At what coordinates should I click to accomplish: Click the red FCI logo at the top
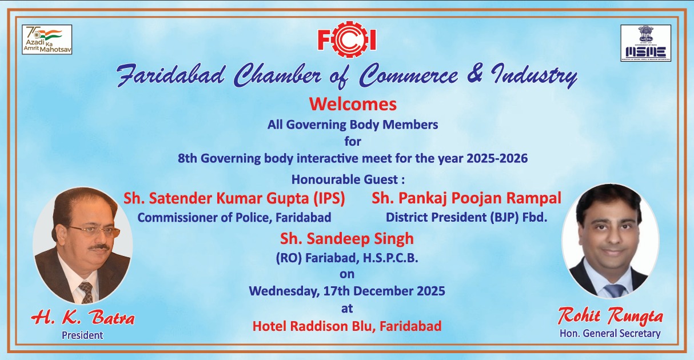tap(347, 39)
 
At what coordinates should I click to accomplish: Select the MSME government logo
tap(645, 43)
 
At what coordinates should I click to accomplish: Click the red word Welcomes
tap(353, 105)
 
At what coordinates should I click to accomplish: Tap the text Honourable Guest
tap(348, 179)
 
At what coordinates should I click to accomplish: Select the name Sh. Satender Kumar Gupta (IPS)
tap(234, 198)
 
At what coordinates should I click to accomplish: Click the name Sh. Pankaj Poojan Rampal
tap(466, 198)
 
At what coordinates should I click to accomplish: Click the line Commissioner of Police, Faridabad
tap(234, 217)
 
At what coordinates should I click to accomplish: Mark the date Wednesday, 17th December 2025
tap(346, 290)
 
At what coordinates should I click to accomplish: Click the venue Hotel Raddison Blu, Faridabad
tap(346, 326)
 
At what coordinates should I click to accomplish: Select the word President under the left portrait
tap(82, 335)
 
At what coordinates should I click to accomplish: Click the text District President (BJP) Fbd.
tap(466, 217)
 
